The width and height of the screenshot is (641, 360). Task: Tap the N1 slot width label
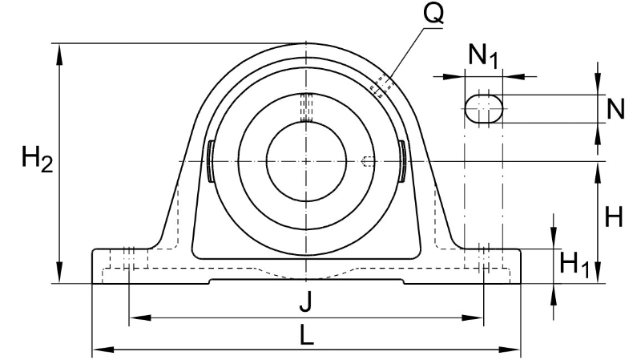(x=483, y=55)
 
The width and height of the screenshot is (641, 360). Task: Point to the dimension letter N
(x=615, y=109)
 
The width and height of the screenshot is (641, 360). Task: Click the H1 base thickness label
(x=574, y=265)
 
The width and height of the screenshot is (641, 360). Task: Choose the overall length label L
(x=306, y=335)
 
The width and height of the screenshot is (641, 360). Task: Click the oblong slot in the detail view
(x=484, y=109)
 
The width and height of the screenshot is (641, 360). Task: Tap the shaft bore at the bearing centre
(x=306, y=162)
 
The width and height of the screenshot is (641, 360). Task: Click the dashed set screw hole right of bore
(x=368, y=162)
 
